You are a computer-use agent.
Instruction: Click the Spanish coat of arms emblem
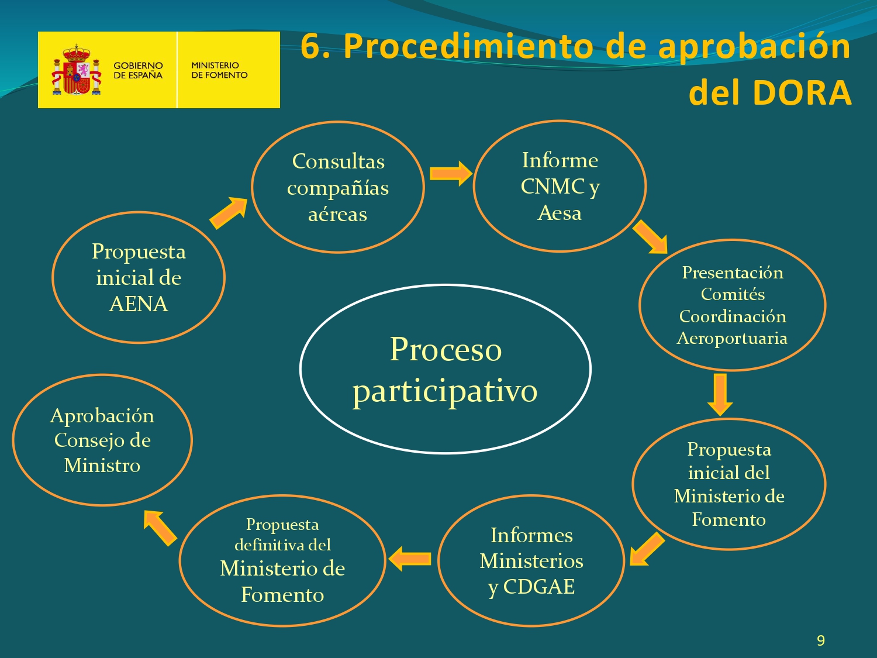click(77, 70)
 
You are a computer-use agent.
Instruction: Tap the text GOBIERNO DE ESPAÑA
click(138, 70)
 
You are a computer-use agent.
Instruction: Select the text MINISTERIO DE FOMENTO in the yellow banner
click(219, 70)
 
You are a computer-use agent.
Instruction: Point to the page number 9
click(821, 640)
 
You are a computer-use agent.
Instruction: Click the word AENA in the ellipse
click(138, 304)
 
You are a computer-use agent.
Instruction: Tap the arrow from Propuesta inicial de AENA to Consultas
click(229, 213)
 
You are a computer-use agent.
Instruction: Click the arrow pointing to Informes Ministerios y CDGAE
click(647, 549)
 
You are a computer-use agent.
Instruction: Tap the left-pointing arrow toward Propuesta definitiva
click(409, 559)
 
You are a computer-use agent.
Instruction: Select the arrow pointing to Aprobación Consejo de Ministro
click(160, 528)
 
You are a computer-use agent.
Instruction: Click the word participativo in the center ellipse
click(445, 391)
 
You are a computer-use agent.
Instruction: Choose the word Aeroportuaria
click(732, 339)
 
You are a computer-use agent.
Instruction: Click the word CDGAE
click(538, 587)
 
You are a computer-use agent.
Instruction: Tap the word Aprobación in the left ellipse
click(102, 416)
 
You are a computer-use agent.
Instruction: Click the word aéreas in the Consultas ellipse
click(337, 214)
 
